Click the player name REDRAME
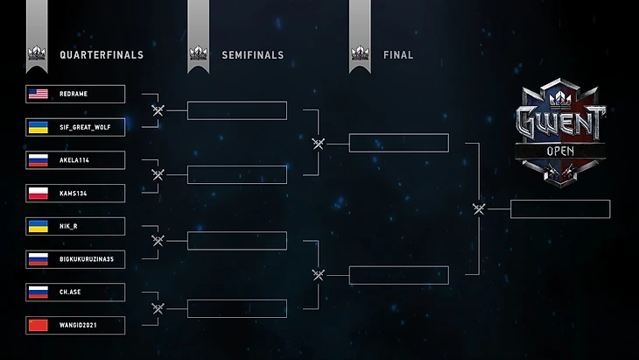point(74,94)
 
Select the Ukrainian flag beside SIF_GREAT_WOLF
point(38,127)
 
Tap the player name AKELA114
point(74,160)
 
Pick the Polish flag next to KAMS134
point(38,194)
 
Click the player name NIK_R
point(69,226)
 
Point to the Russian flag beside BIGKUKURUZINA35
point(38,259)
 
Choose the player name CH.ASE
point(70,293)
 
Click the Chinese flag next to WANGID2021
point(38,326)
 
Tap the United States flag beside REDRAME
point(38,94)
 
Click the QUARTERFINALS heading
point(102,55)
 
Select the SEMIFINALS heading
point(254,55)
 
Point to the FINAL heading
point(398,55)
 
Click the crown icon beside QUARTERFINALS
point(37,54)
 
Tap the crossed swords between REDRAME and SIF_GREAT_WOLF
point(158,110)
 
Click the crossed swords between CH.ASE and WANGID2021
point(158,308)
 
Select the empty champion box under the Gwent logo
point(559,209)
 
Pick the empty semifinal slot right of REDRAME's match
point(237,110)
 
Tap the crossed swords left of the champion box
point(479,208)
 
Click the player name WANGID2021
point(78,326)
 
